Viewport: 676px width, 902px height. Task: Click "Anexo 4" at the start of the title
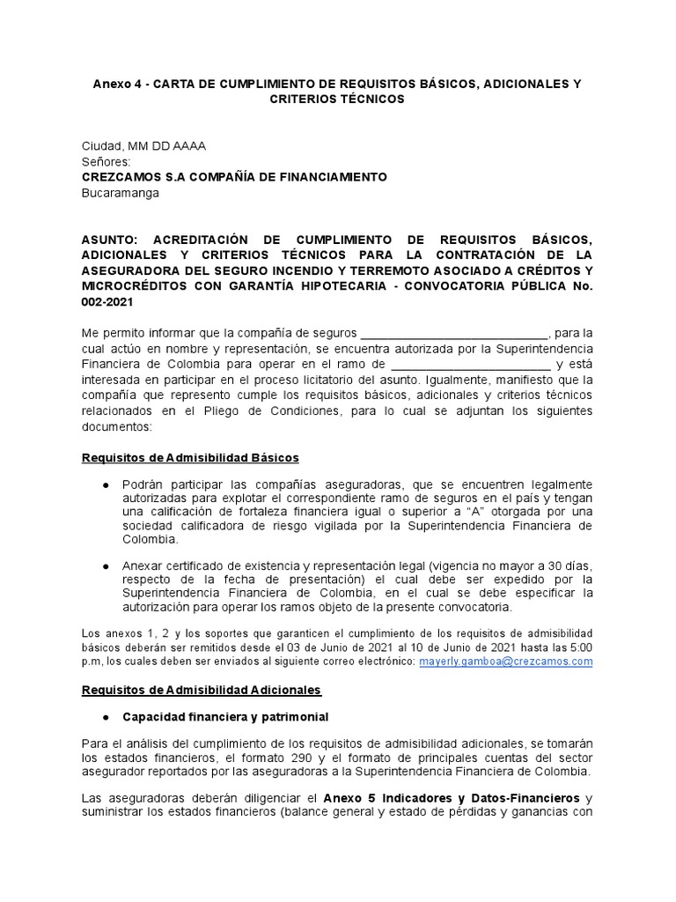(x=117, y=84)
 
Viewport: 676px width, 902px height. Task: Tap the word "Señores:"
(x=106, y=161)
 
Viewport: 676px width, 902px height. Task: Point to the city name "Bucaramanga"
(x=121, y=193)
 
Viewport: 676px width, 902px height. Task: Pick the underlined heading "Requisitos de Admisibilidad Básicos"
(x=190, y=458)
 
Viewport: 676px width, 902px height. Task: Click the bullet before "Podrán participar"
(x=107, y=486)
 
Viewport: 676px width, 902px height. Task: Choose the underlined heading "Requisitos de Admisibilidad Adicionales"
(x=202, y=689)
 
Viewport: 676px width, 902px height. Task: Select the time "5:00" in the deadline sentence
(x=578, y=646)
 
